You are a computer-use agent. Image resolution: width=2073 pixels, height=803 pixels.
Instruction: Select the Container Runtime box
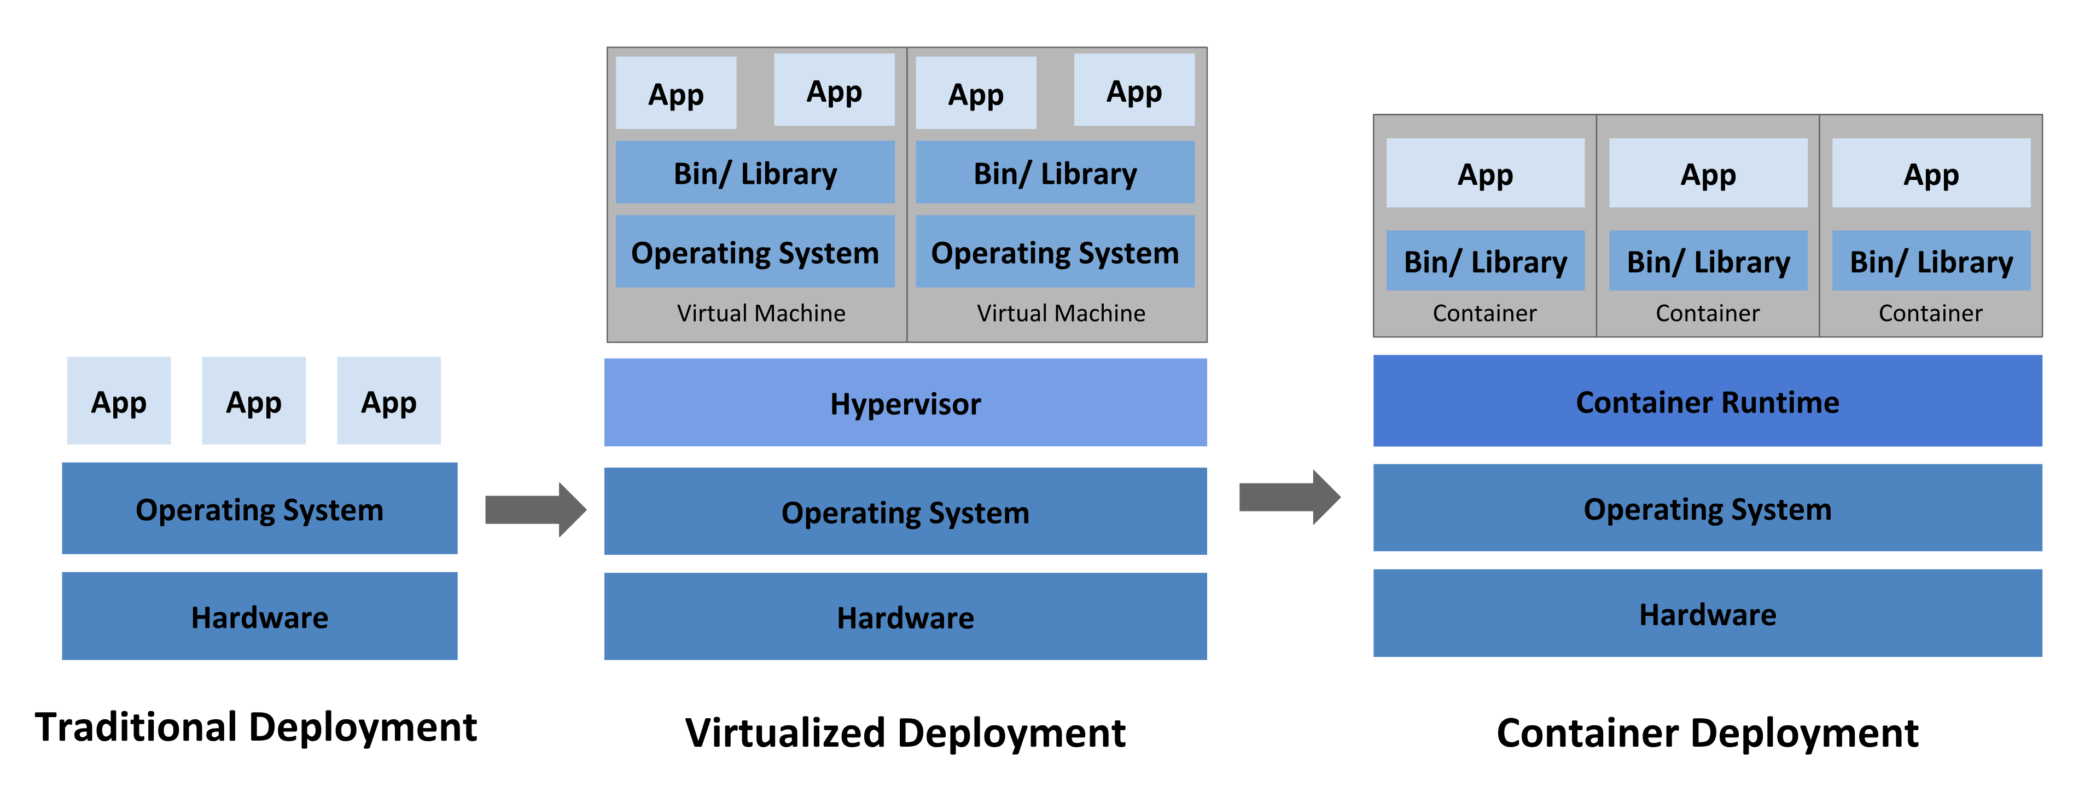click(1707, 401)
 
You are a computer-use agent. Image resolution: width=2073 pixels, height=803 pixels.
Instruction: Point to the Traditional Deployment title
click(256, 728)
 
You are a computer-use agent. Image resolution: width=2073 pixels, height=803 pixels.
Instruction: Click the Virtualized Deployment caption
click(905, 733)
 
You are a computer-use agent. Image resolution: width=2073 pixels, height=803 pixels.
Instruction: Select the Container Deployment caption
click(1707, 733)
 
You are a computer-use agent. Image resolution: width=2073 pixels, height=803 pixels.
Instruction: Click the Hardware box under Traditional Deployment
click(259, 616)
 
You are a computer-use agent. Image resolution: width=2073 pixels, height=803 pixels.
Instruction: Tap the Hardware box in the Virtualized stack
click(905, 616)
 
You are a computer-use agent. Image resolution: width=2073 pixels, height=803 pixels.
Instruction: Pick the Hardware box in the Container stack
click(1707, 613)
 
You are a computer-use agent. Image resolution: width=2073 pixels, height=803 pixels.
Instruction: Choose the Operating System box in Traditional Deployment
click(259, 509)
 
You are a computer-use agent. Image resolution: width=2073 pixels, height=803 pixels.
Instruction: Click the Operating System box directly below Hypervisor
click(905, 512)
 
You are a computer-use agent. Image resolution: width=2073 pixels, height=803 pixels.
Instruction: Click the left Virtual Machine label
click(760, 313)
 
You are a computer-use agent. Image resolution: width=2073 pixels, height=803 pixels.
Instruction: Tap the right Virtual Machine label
click(1061, 313)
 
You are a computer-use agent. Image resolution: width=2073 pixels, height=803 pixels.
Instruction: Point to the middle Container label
click(1707, 313)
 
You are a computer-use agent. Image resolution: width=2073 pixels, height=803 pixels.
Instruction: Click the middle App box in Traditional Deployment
click(253, 401)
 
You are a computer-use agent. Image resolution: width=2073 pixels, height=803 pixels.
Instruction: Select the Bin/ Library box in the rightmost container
click(1931, 261)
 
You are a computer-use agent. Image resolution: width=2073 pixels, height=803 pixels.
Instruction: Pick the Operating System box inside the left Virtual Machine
click(755, 252)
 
